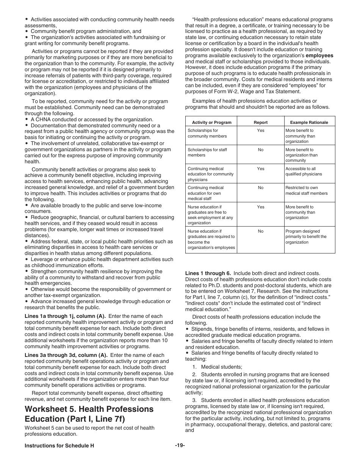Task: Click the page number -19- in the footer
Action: pos(180,446)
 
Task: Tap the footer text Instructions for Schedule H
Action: pos(59,446)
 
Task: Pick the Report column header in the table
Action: pos(260,122)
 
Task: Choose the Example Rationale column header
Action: pos(309,122)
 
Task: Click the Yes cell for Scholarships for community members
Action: pos(260,131)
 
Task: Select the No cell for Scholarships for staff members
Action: pos(260,150)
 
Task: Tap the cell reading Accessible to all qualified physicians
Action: pos(304,171)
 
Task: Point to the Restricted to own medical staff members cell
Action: pos(306,190)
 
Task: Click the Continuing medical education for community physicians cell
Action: pos(210,174)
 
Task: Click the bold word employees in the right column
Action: pos(319,56)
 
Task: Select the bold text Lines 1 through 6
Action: pos(208,273)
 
